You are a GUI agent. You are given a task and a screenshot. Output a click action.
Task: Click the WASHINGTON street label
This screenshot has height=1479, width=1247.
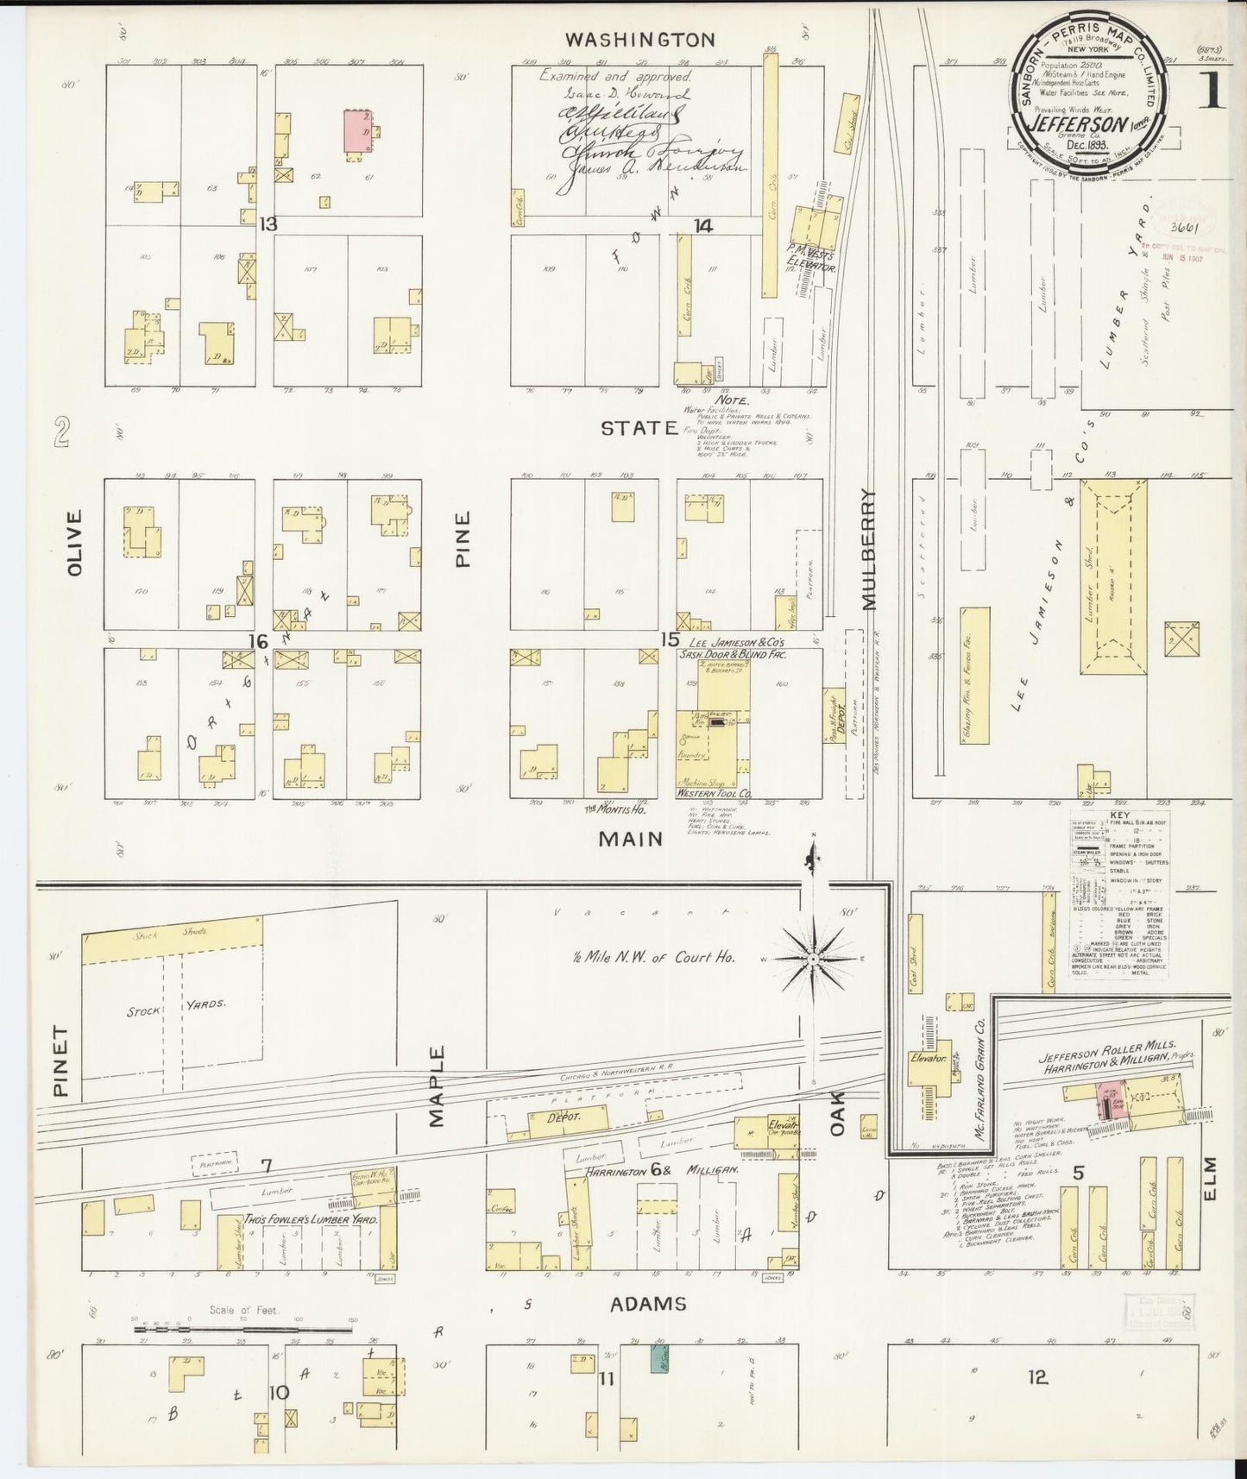coord(639,40)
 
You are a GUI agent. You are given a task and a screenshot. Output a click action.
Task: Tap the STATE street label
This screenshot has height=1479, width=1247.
coord(639,427)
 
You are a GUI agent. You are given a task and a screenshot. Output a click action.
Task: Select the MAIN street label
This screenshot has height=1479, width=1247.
coord(633,839)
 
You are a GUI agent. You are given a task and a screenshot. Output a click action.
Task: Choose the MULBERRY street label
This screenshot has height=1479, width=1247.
coord(868,550)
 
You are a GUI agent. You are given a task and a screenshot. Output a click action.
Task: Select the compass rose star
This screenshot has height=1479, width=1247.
coord(812,959)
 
